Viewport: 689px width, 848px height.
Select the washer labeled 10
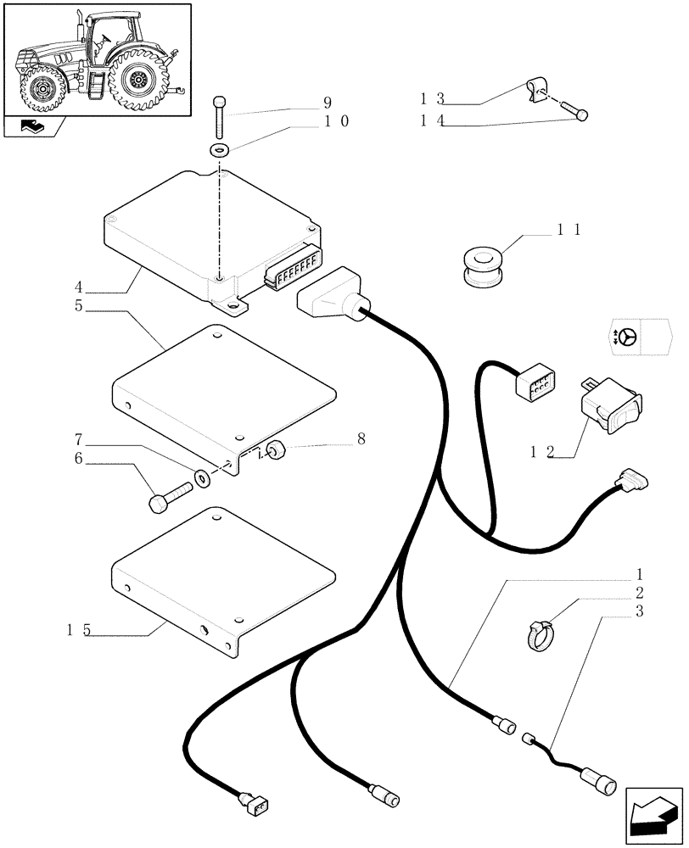[221, 151]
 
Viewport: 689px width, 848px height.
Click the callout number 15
[81, 630]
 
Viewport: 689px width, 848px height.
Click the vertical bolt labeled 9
[221, 116]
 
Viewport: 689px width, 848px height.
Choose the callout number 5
[78, 305]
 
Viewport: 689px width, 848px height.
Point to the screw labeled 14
[577, 113]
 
